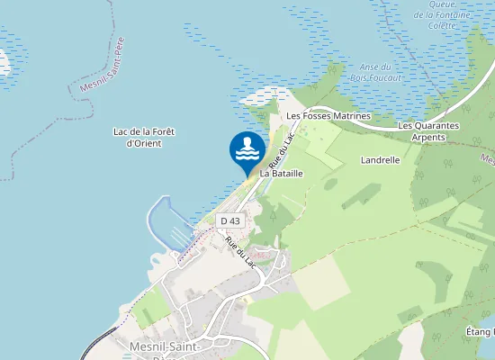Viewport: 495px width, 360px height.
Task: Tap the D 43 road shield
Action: [x=230, y=220]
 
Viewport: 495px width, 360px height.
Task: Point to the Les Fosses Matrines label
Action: [x=328, y=116]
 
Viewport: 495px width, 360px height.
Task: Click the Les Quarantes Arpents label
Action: [x=428, y=131]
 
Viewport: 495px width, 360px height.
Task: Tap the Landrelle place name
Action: [x=379, y=159]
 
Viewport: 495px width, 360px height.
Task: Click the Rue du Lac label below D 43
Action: [x=241, y=252]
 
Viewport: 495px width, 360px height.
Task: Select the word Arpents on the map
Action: [x=428, y=138]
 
